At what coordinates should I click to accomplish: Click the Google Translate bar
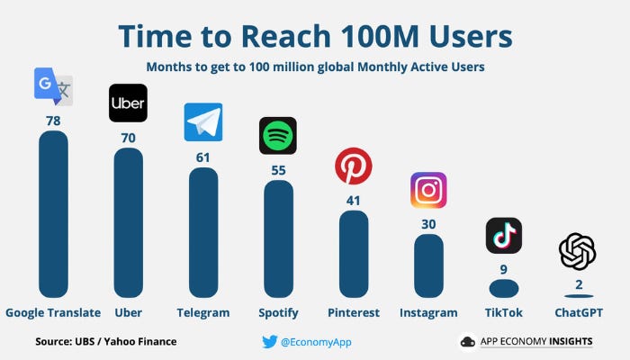(x=53, y=214)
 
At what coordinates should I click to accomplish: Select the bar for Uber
(x=128, y=222)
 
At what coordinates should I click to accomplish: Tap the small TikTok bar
(x=503, y=289)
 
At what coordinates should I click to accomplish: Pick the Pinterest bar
(x=353, y=254)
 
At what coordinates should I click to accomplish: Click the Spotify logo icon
(x=277, y=136)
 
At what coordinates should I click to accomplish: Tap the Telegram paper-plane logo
(x=202, y=122)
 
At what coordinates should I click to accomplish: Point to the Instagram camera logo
(x=428, y=190)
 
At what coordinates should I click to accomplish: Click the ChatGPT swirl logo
(x=577, y=251)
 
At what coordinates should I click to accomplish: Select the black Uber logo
(x=128, y=103)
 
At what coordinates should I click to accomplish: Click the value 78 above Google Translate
(x=53, y=120)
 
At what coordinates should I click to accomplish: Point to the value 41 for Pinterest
(x=353, y=201)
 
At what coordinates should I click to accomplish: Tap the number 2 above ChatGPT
(x=578, y=285)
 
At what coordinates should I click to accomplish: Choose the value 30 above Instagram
(x=428, y=224)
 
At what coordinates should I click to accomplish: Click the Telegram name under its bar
(x=202, y=313)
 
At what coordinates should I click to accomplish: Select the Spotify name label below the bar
(x=277, y=313)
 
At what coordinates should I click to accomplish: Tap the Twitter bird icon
(x=269, y=341)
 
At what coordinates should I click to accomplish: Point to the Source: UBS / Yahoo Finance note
(x=105, y=341)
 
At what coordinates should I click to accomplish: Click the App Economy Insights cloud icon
(x=467, y=341)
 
